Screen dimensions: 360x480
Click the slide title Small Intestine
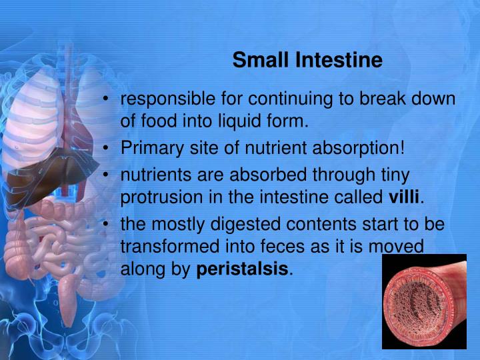(x=307, y=61)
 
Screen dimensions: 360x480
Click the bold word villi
(x=406, y=198)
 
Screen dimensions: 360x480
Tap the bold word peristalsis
(x=243, y=270)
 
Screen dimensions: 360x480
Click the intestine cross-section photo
(x=424, y=301)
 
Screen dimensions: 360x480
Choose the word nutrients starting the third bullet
(x=153, y=174)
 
